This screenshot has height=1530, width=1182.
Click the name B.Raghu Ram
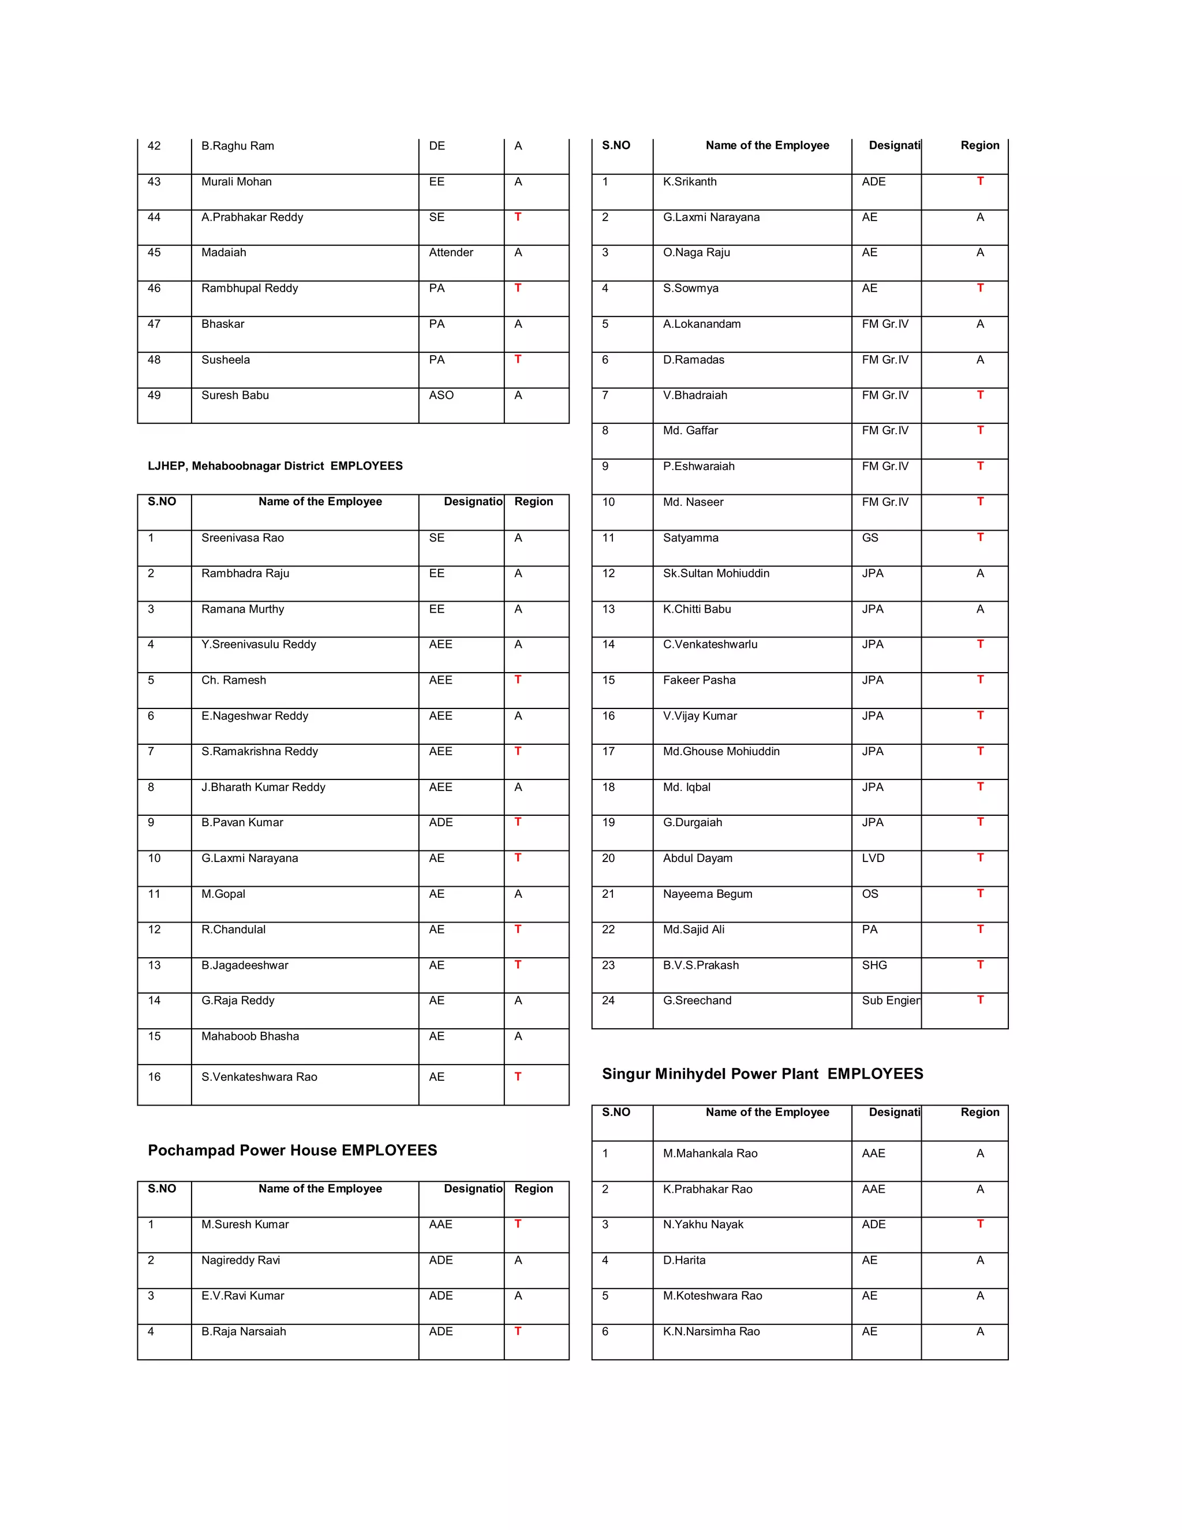tap(237, 145)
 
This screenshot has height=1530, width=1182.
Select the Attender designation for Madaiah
tap(451, 252)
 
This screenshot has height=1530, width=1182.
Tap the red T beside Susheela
tap(518, 359)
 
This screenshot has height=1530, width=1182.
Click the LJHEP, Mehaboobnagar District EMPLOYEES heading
tap(275, 466)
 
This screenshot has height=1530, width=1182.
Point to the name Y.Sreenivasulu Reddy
tap(259, 644)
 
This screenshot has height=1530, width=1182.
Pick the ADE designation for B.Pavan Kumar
tap(440, 822)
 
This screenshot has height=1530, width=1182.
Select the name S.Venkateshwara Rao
tap(259, 1077)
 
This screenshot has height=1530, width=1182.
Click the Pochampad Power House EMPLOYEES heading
tap(292, 1150)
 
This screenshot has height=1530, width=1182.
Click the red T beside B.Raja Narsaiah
tap(518, 1330)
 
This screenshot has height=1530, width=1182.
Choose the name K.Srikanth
tap(690, 181)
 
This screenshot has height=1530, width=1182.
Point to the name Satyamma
tap(690, 538)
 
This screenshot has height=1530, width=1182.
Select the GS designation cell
tap(870, 538)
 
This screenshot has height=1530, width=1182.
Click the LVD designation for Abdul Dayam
tap(873, 857)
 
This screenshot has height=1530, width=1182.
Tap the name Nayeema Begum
tap(707, 893)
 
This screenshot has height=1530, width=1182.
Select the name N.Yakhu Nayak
tap(703, 1224)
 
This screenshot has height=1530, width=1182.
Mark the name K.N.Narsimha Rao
tap(710, 1331)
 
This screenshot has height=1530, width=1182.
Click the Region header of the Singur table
tap(979, 1112)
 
